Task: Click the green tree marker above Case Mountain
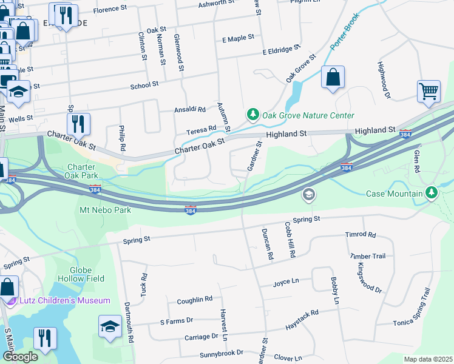(432, 192)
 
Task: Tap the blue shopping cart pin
(429, 92)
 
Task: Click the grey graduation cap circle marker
(308, 194)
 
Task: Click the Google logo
(20, 357)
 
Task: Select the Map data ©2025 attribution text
(428, 359)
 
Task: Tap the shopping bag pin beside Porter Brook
(333, 78)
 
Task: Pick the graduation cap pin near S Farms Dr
(110, 326)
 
